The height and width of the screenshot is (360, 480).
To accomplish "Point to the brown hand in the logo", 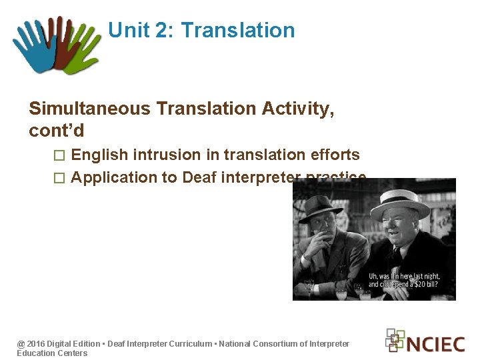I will (x=60, y=40).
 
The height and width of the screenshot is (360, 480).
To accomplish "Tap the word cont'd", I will (x=57, y=131).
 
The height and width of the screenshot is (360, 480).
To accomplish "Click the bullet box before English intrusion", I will (x=59, y=156).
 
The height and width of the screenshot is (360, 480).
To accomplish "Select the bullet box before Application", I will (x=59, y=178).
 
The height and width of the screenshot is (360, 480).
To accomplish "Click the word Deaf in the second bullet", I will (x=197, y=177).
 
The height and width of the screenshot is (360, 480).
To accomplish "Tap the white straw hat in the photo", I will (x=400, y=200).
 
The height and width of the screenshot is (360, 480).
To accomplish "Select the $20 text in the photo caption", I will (x=425, y=285).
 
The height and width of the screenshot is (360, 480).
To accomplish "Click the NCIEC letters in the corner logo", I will (x=435, y=344).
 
